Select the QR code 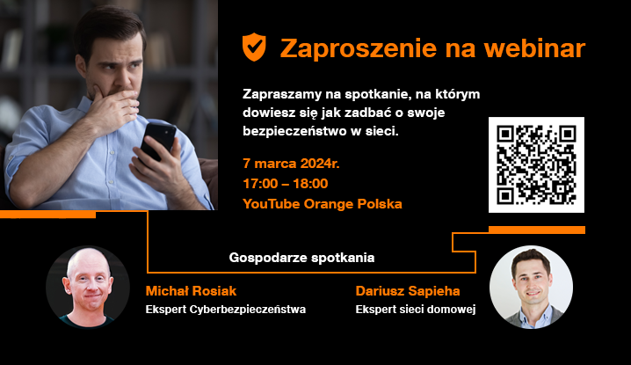[x=536, y=164]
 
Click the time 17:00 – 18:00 [x=286, y=184]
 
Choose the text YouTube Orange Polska [x=322, y=203]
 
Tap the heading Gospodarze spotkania [x=301, y=259]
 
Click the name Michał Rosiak [x=191, y=290]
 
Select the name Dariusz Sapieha [x=408, y=290]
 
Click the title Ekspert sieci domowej [x=416, y=310]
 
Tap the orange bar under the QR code [x=536, y=230]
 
